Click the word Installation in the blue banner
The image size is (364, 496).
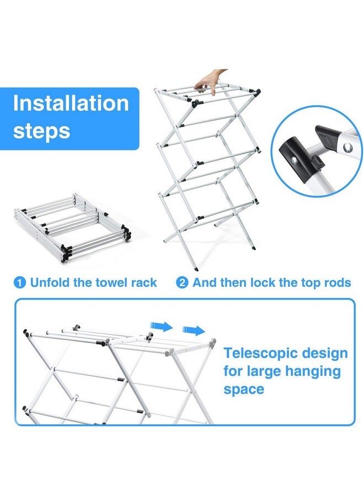coord(71,103)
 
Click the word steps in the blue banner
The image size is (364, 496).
coord(41,131)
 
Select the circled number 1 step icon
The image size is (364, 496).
coord(20,283)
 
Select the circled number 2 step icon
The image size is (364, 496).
coord(182,283)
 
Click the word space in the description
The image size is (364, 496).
coord(244,389)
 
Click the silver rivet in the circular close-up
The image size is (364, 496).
coord(347,147)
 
